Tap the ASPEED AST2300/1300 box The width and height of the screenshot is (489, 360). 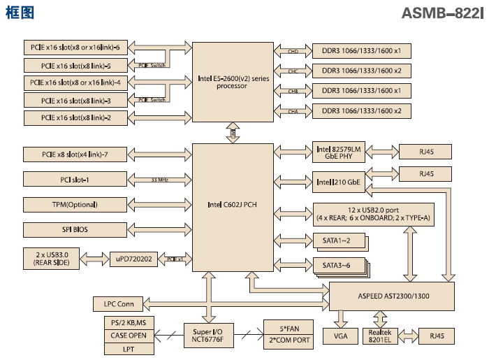[x=392, y=296]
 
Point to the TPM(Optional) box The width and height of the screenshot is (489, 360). [x=70, y=204]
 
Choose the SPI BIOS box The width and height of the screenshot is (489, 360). [x=70, y=229]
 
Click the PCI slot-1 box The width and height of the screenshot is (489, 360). [x=70, y=179]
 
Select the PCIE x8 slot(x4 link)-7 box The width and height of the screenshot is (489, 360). [x=70, y=154]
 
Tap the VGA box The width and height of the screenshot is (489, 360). [x=340, y=337]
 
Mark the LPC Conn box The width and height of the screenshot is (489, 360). [x=119, y=304]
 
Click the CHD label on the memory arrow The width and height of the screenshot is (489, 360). [x=293, y=51]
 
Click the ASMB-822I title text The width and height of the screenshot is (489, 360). [x=442, y=13]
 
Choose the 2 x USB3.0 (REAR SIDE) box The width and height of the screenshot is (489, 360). [x=53, y=259]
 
